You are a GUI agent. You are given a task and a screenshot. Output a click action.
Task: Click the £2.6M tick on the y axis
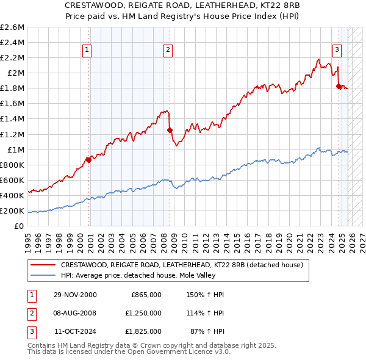(x=13, y=27)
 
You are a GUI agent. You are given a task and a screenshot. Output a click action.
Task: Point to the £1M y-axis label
(x=15, y=149)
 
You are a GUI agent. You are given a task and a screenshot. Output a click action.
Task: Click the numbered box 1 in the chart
(x=87, y=50)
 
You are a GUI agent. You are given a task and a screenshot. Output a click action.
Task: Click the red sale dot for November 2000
(x=89, y=160)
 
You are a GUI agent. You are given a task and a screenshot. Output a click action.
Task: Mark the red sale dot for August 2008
(x=170, y=130)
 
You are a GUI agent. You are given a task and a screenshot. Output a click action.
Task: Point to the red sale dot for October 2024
(x=339, y=86)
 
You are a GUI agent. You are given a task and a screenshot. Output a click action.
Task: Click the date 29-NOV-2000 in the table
(x=76, y=294)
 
